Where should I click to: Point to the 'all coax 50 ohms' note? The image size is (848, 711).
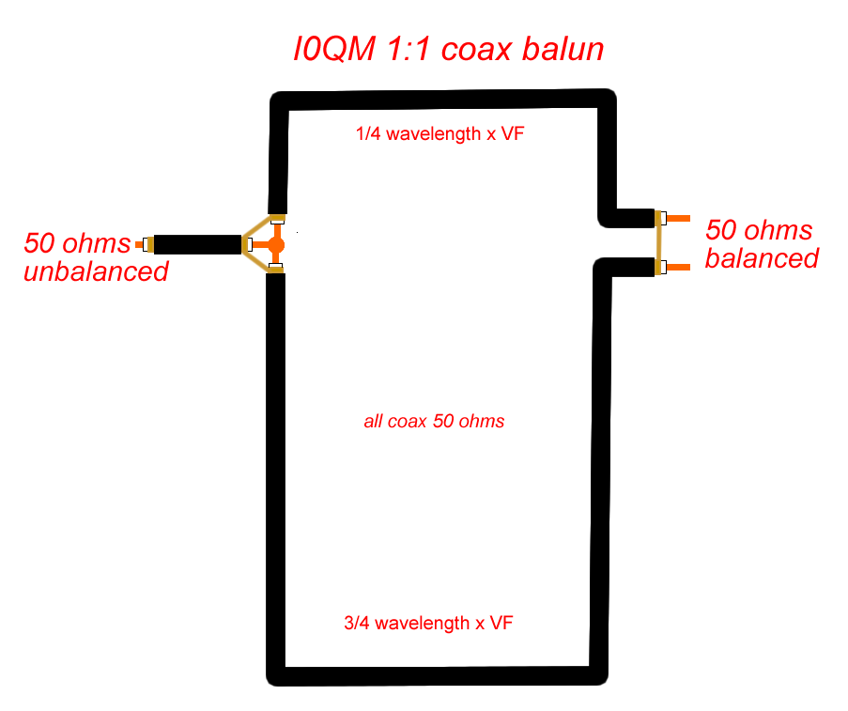click(434, 422)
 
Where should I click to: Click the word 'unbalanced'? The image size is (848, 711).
click(96, 272)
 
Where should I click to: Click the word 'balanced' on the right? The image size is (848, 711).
click(762, 258)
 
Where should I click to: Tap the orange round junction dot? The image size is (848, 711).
click(276, 245)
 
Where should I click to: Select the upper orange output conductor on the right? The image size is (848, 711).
click(679, 219)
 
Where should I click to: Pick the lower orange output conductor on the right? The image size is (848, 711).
click(679, 268)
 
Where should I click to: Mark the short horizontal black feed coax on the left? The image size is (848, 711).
click(197, 244)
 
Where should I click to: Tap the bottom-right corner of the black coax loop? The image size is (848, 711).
click(600, 675)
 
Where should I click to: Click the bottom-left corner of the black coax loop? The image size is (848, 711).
click(276, 675)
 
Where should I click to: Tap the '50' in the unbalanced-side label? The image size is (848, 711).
click(40, 243)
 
